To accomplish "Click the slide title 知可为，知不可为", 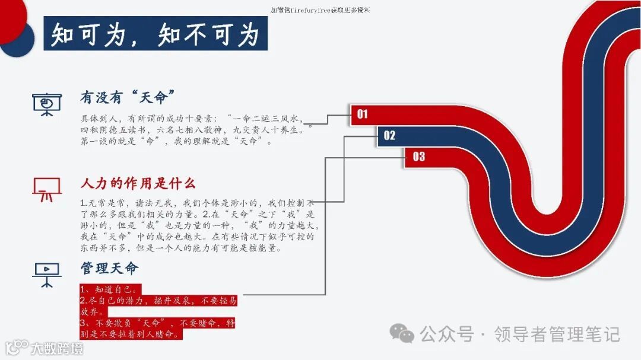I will pos(156,35).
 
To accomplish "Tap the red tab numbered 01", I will pos(363,114).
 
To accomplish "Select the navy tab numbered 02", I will pos(389,136).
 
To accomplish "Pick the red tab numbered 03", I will pos(419,157).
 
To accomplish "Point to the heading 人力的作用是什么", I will pos(138,183).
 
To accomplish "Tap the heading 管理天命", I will pos(109,268).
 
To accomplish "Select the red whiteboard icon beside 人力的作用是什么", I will pos(46,189).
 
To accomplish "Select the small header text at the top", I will pos(320,10).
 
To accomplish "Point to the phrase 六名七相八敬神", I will pos(192,130).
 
